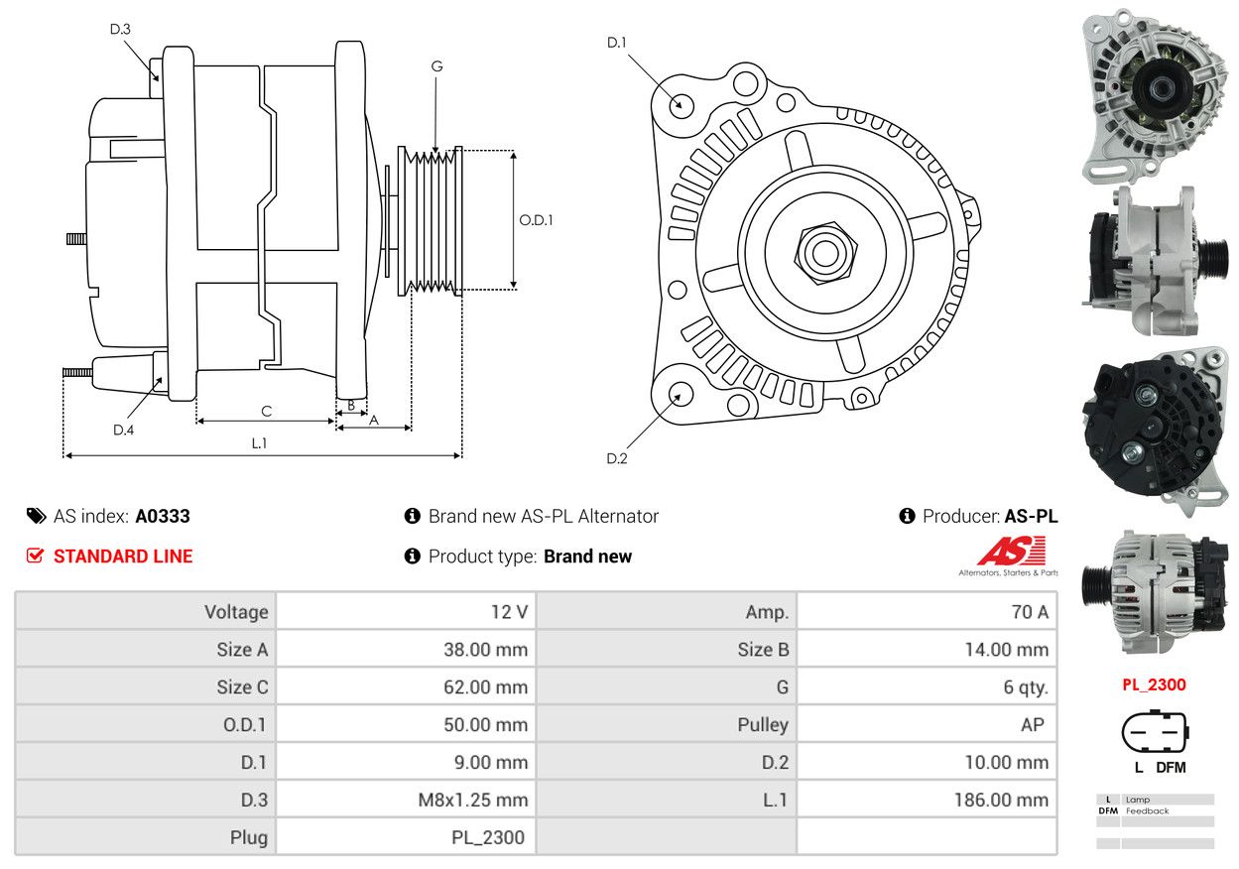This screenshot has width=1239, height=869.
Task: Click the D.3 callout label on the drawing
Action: (x=120, y=30)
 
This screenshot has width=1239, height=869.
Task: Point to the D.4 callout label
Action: (x=123, y=430)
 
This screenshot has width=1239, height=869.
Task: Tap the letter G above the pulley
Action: (x=436, y=66)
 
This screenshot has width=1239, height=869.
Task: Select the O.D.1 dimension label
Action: (x=537, y=220)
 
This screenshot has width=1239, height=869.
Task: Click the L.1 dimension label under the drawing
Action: (x=259, y=443)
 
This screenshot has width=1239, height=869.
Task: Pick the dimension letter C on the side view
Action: (x=266, y=411)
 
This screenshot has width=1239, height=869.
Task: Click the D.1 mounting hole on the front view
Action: (x=681, y=103)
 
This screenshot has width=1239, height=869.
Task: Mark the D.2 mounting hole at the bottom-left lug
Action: (x=680, y=393)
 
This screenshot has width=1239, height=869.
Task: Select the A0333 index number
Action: (x=163, y=516)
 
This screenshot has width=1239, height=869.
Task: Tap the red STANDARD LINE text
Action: (x=123, y=557)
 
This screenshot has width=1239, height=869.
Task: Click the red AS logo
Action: (x=1011, y=552)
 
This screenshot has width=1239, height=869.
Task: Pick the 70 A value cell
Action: (x=927, y=612)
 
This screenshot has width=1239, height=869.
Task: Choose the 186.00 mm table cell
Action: (x=927, y=800)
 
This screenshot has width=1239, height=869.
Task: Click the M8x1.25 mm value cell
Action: (x=406, y=800)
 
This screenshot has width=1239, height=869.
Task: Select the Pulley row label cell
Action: (x=667, y=724)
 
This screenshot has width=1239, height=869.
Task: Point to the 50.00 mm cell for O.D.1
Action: (x=406, y=724)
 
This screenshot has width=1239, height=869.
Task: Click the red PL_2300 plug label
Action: (x=1154, y=684)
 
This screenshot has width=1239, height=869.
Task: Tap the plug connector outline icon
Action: (x=1154, y=734)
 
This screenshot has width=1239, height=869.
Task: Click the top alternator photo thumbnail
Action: (x=1155, y=95)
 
